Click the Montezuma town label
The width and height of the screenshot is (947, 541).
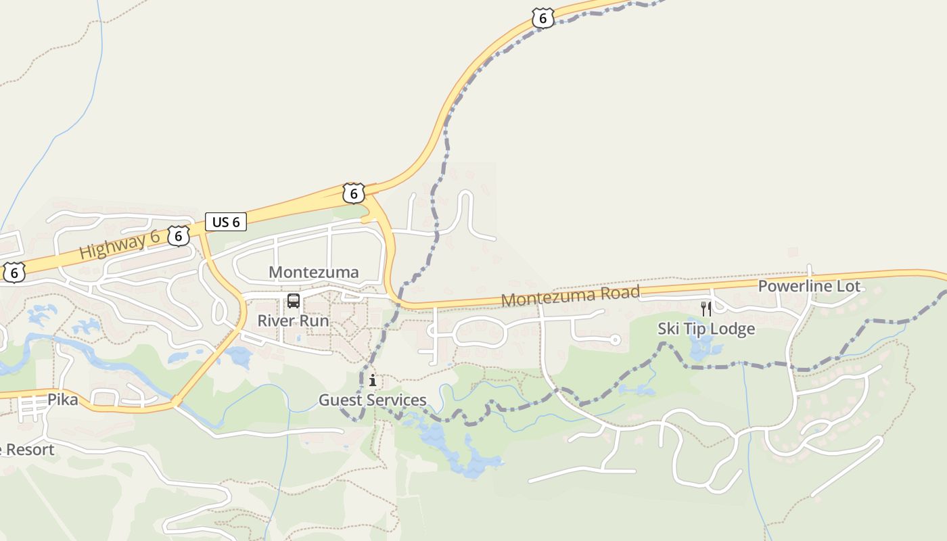(x=314, y=272)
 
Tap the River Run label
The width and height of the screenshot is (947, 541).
(x=293, y=321)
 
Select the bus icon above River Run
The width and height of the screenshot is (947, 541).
(x=294, y=301)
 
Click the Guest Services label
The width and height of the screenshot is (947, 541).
(x=373, y=400)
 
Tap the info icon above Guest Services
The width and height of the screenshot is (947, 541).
(x=373, y=381)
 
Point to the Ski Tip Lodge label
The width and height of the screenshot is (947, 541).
(x=706, y=329)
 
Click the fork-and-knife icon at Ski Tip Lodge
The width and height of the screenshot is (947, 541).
(x=706, y=309)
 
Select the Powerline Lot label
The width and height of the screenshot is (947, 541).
(x=809, y=286)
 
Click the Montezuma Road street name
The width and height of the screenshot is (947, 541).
(x=570, y=296)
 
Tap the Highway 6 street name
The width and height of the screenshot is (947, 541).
(x=119, y=243)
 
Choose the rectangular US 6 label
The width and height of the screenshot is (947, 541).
(x=226, y=222)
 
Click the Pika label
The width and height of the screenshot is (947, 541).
(x=62, y=400)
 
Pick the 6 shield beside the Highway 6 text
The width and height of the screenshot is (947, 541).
(x=179, y=235)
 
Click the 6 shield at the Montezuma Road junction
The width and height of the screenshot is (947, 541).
(x=353, y=193)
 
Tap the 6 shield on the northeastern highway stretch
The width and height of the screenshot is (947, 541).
(x=542, y=18)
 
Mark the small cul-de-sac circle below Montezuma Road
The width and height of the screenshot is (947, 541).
(x=615, y=339)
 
